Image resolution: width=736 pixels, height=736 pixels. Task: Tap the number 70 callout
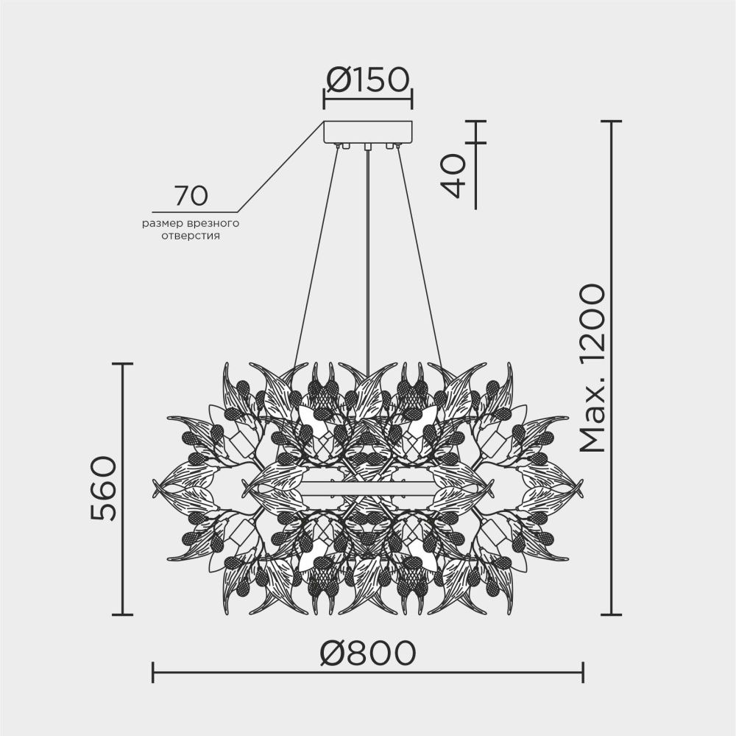click(x=191, y=196)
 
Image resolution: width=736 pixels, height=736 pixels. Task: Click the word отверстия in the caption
click(x=191, y=237)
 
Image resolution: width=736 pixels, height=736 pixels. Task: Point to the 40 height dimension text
click(x=454, y=176)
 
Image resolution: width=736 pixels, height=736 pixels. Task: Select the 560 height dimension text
click(x=103, y=488)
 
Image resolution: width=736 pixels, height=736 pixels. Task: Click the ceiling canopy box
click(x=368, y=133)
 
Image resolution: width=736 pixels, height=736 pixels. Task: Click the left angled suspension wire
click(x=316, y=250)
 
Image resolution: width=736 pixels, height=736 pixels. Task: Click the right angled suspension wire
click(x=418, y=250)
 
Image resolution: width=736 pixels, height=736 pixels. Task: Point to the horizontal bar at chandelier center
click(x=368, y=487)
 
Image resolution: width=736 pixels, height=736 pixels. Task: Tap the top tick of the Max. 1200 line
click(x=612, y=122)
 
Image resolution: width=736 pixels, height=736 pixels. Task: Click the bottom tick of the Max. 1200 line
click(x=612, y=614)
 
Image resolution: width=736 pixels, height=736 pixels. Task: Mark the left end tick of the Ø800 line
click(x=152, y=672)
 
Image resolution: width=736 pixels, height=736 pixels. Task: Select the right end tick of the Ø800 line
click(x=583, y=672)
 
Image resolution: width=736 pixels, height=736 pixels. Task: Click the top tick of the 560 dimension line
click(x=122, y=363)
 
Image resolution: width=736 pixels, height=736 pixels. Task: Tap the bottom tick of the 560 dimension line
click(x=122, y=614)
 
